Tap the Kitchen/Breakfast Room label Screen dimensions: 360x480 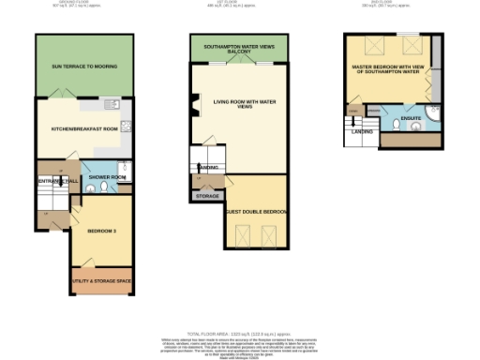pyautogui.click(x=79, y=127)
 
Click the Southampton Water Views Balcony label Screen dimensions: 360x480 pyautogui.click(x=239, y=49)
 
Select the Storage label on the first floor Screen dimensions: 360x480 pyautogui.click(x=206, y=195)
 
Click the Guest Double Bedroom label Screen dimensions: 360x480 pyautogui.click(x=256, y=211)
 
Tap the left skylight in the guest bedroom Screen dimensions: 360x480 pyautogui.click(x=240, y=234)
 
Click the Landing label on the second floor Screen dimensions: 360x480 pyautogui.click(x=360, y=131)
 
